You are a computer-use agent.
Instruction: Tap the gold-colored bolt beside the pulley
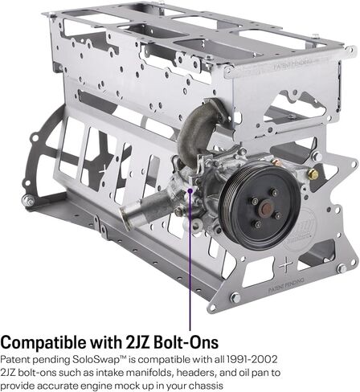(x=313, y=174)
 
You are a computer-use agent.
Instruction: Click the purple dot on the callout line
(x=190, y=191)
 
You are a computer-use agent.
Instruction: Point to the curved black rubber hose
(x=197, y=129)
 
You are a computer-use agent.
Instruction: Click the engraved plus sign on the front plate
(x=285, y=265)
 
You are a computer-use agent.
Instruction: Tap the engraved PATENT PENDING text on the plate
(x=286, y=285)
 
